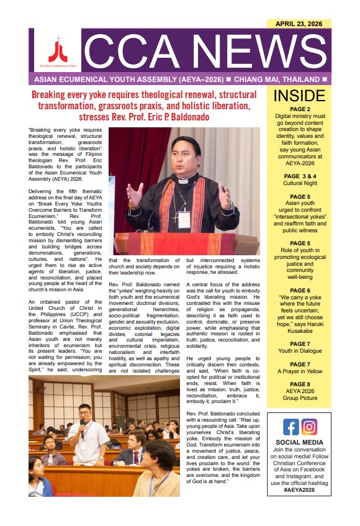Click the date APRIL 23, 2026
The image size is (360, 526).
[298, 24]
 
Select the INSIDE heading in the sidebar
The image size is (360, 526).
[299, 96]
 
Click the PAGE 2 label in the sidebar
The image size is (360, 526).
[299, 109]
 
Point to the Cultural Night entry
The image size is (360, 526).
[299, 166]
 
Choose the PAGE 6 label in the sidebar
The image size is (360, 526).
[299, 290]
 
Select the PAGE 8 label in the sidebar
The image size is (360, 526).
[299, 384]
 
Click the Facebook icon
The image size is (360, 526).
[290, 427]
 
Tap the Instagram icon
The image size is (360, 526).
[309, 427]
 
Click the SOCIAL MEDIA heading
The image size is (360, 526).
[299, 443]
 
